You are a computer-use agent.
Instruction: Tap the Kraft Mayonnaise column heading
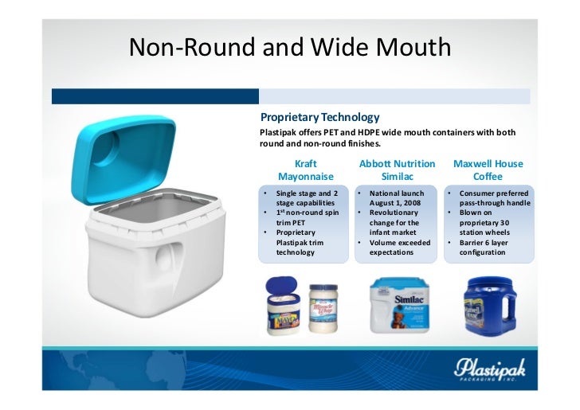tap(305, 170)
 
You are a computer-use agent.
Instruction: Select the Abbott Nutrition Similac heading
tap(397, 170)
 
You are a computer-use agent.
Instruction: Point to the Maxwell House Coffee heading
tap(488, 170)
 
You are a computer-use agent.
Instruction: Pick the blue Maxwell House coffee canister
tap(488, 306)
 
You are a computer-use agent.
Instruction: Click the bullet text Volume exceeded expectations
tap(399, 247)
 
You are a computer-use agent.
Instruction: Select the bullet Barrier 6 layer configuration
tap(488, 247)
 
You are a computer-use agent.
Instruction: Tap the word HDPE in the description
tap(361, 133)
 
